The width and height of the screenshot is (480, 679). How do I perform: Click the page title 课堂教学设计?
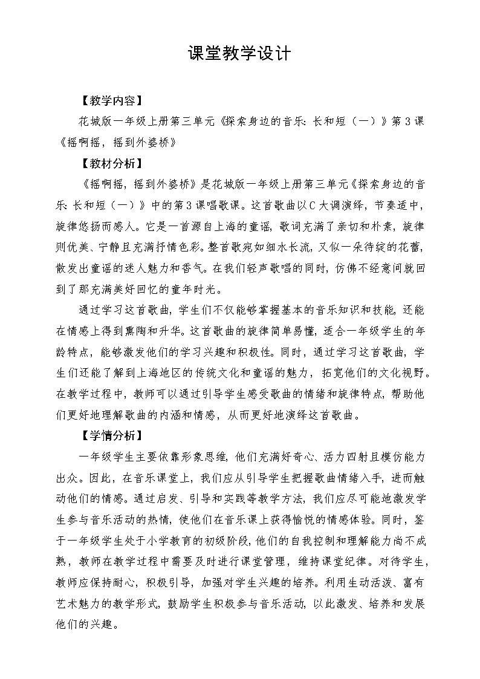point(239,54)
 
